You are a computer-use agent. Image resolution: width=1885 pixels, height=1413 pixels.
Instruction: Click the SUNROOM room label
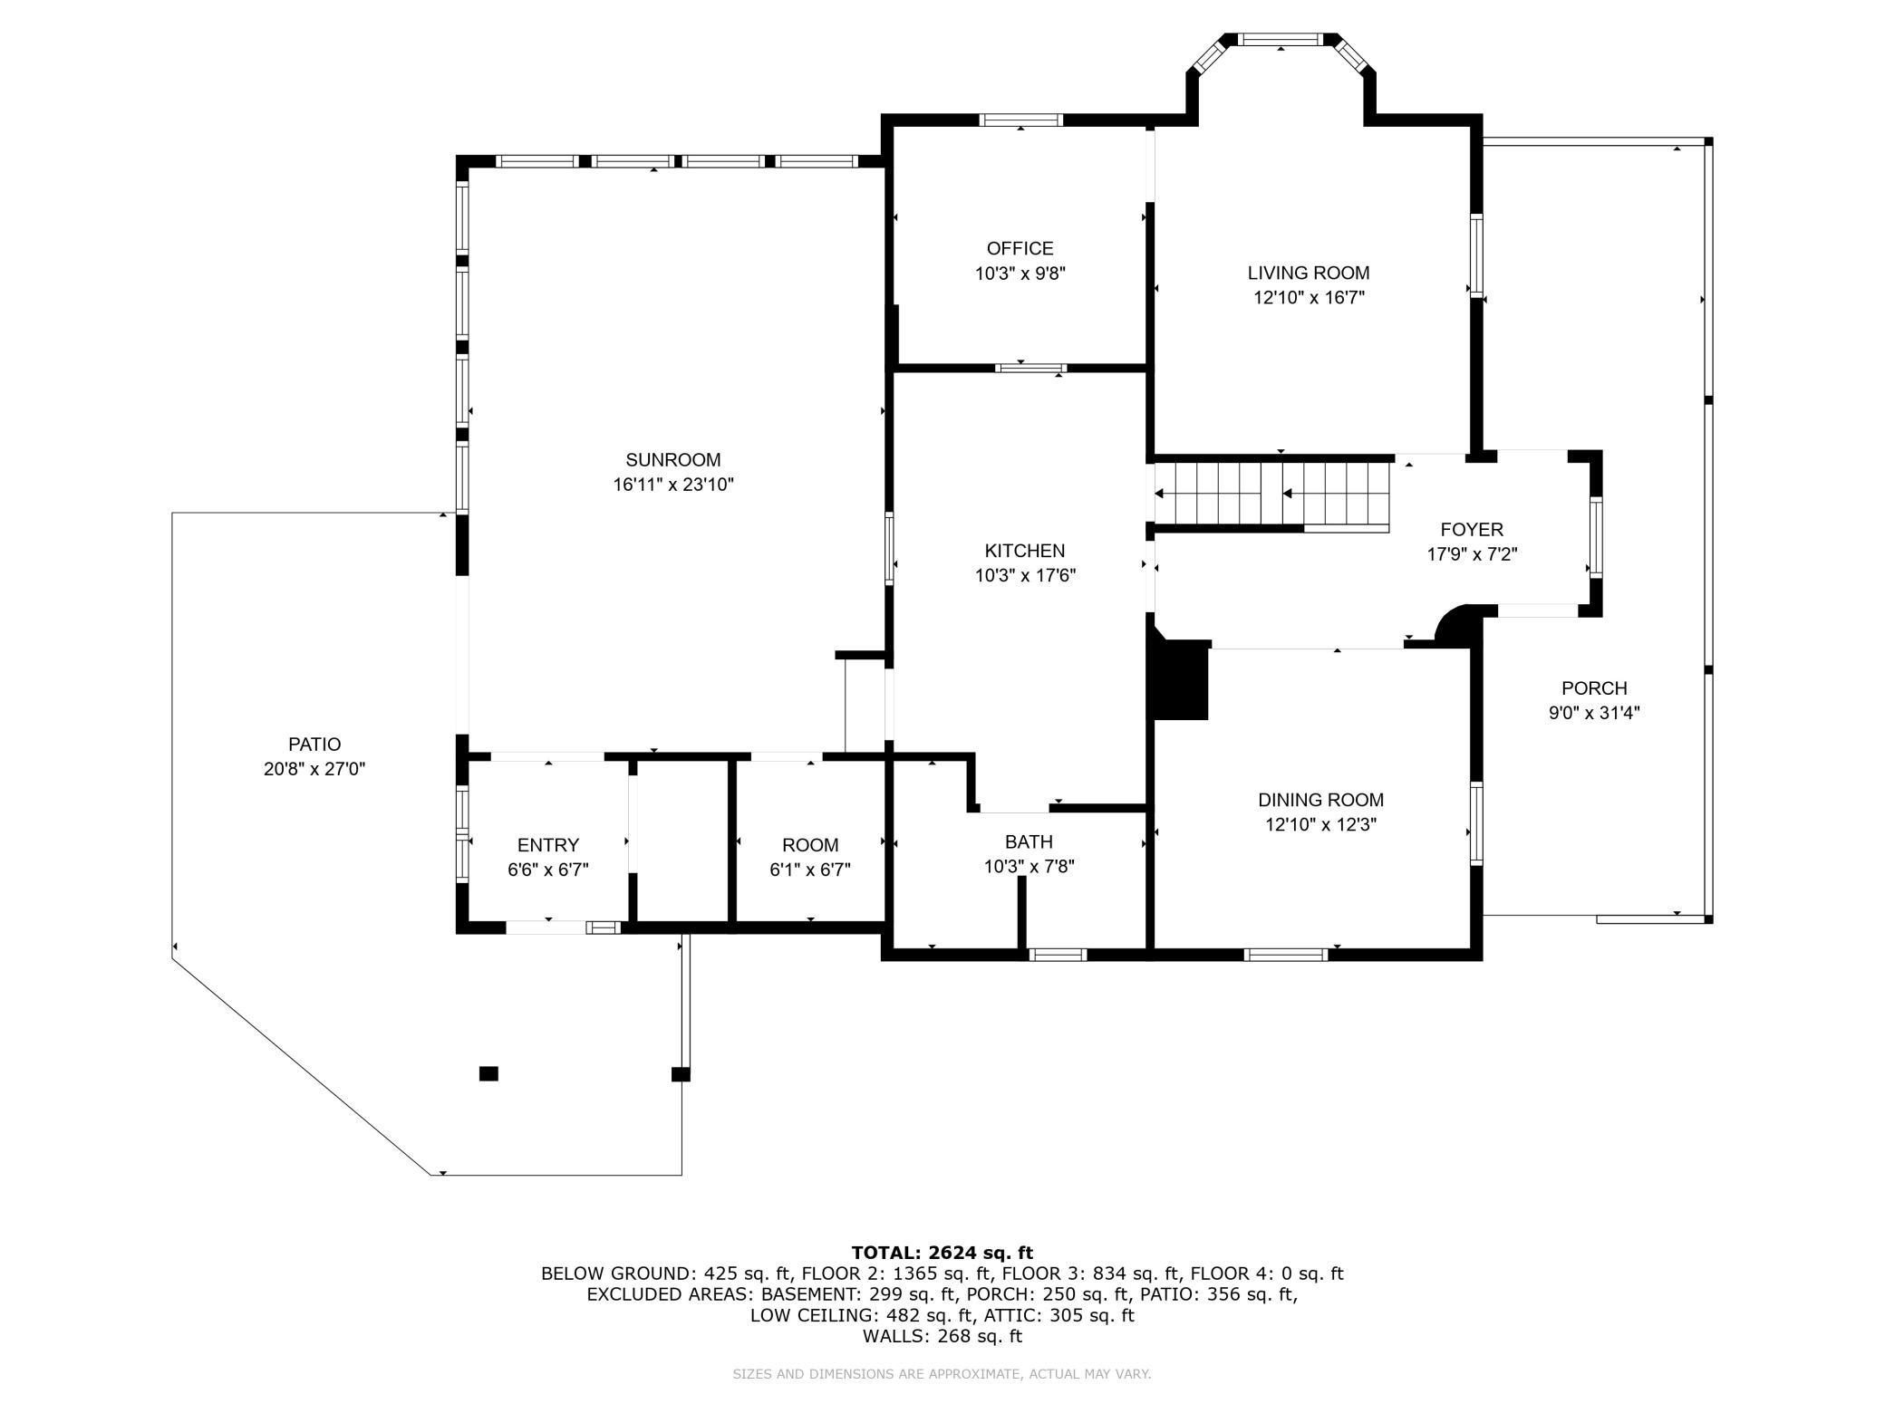pos(672,460)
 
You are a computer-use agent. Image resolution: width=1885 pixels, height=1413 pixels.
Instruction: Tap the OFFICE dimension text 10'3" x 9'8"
pos(1020,274)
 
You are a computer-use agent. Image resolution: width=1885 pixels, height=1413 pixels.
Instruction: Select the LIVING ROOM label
pos(1309,273)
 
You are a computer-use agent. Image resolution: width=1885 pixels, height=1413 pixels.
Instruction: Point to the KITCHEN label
pos(1025,551)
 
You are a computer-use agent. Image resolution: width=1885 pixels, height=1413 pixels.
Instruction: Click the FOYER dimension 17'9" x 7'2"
pos(1472,554)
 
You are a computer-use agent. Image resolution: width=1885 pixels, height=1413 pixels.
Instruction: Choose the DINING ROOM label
pos(1320,800)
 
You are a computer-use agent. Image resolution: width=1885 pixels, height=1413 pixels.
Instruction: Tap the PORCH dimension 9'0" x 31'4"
pos(1594,713)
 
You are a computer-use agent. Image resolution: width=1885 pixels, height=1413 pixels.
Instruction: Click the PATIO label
pos(314,745)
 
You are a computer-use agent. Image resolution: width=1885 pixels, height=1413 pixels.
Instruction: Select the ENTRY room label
pos(548,845)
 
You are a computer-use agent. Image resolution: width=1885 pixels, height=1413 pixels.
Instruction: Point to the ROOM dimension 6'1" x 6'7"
pos(810,870)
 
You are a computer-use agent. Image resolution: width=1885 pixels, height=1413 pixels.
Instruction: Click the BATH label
pos(1029,842)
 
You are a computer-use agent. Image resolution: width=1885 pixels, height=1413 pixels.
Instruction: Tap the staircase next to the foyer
pos(1272,494)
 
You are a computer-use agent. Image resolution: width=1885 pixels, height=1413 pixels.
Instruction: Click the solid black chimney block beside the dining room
pos(1179,679)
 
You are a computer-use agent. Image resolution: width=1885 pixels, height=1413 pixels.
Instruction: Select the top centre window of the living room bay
pos(1281,39)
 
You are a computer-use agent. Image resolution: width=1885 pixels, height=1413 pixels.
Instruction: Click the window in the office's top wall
pos(1020,120)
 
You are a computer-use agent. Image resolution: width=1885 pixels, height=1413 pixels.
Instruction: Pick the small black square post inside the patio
pos(488,1073)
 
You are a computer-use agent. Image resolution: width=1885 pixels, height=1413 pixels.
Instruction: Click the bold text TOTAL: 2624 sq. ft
pos(942,1253)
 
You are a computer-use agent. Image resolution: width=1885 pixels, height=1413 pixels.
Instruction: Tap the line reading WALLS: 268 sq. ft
pos(942,1336)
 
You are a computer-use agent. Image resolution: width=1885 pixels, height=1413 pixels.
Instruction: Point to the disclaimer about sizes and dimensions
pos(942,1374)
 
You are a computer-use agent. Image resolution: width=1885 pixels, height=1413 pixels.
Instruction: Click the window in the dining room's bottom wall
pos(1286,954)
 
